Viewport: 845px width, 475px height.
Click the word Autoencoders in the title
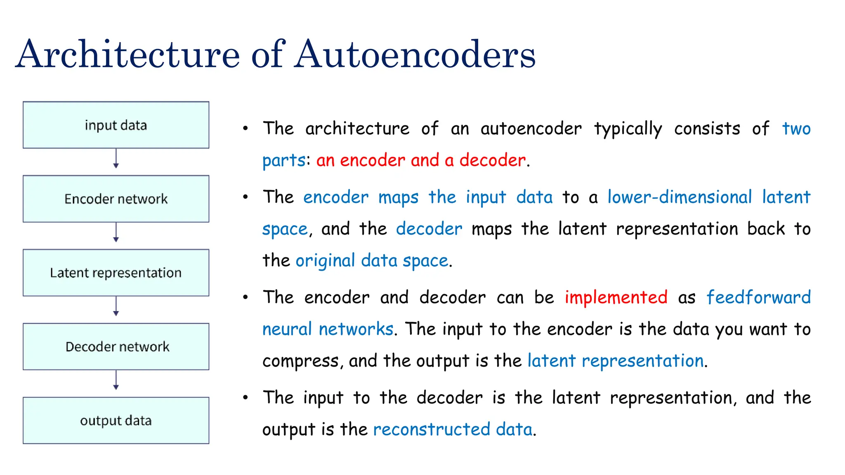pos(415,54)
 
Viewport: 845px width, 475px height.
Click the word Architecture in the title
pos(128,54)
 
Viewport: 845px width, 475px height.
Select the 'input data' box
pos(116,125)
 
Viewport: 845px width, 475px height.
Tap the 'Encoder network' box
pos(116,199)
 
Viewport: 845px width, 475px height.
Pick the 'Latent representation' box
pos(116,273)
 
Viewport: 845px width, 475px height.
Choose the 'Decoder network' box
pos(116,346)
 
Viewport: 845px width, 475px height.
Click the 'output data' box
pos(116,420)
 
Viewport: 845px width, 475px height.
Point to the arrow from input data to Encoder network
pos(116,159)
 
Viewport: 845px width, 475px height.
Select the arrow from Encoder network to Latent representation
pos(116,233)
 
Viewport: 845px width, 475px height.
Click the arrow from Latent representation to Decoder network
pos(116,306)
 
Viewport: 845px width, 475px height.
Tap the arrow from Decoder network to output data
pos(116,380)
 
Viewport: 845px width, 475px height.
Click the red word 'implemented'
pos(616,297)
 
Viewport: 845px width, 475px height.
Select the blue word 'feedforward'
pos(758,297)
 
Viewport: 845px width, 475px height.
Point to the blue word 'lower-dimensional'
pos(680,197)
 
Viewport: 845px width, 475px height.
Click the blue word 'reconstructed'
pos(431,429)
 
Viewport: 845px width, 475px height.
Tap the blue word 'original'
pos(325,261)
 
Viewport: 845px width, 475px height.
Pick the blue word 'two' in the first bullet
pos(796,129)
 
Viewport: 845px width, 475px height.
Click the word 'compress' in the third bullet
pos(301,361)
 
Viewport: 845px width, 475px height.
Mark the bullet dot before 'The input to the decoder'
pos(245,397)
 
